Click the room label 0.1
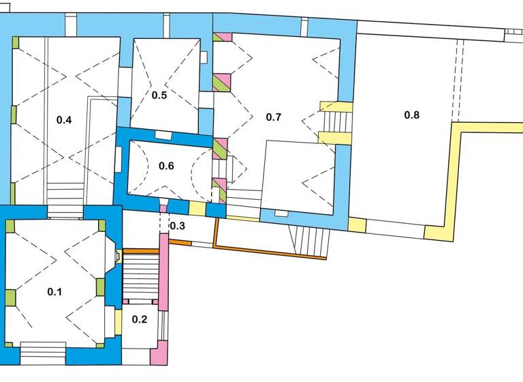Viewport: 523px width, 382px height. click(54, 292)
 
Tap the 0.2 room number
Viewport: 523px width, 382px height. click(140, 319)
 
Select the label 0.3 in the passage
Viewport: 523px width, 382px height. click(177, 226)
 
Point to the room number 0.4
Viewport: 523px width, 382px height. click(64, 120)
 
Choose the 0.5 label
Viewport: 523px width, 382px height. click(159, 95)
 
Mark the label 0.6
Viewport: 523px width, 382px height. click(167, 166)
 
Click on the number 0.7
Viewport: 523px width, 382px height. click(273, 117)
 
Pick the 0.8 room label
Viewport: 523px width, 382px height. click(412, 115)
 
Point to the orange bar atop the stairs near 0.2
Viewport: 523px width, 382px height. click(140, 251)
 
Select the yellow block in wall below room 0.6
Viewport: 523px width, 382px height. click(197, 209)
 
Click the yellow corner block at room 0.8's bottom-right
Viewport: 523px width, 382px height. click(434, 233)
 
